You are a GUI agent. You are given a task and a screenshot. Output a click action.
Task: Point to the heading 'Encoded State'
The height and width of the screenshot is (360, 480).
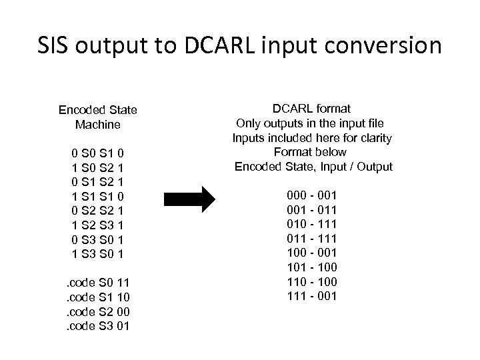pyautogui.click(x=98, y=110)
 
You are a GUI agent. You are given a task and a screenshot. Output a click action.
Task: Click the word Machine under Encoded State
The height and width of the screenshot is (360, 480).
pyautogui.click(x=98, y=125)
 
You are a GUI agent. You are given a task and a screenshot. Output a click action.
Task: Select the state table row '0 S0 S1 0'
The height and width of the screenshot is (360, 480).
pyautogui.click(x=98, y=153)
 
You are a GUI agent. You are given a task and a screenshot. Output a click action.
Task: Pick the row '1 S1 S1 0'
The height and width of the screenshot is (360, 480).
pyautogui.click(x=98, y=196)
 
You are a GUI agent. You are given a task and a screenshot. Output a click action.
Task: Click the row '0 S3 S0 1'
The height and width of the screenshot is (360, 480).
pyautogui.click(x=98, y=239)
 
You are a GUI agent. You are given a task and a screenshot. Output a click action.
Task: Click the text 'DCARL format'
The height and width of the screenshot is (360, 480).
pyautogui.click(x=312, y=109)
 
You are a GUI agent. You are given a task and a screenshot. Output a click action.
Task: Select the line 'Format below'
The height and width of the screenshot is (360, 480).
pyautogui.click(x=312, y=152)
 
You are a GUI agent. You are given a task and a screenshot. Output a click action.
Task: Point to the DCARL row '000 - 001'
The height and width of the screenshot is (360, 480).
pyautogui.click(x=312, y=195)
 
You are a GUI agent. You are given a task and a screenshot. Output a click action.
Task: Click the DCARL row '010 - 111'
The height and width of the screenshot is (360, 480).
pyautogui.click(x=312, y=223)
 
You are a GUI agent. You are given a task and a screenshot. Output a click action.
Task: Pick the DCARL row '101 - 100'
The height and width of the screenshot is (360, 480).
pyautogui.click(x=312, y=267)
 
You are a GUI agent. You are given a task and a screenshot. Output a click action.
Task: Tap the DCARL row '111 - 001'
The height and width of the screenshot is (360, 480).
pyautogui.click(x=312, y=295)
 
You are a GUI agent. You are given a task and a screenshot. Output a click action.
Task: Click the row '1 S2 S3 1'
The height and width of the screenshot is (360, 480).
pyautogui.click(x=98, y=225)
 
